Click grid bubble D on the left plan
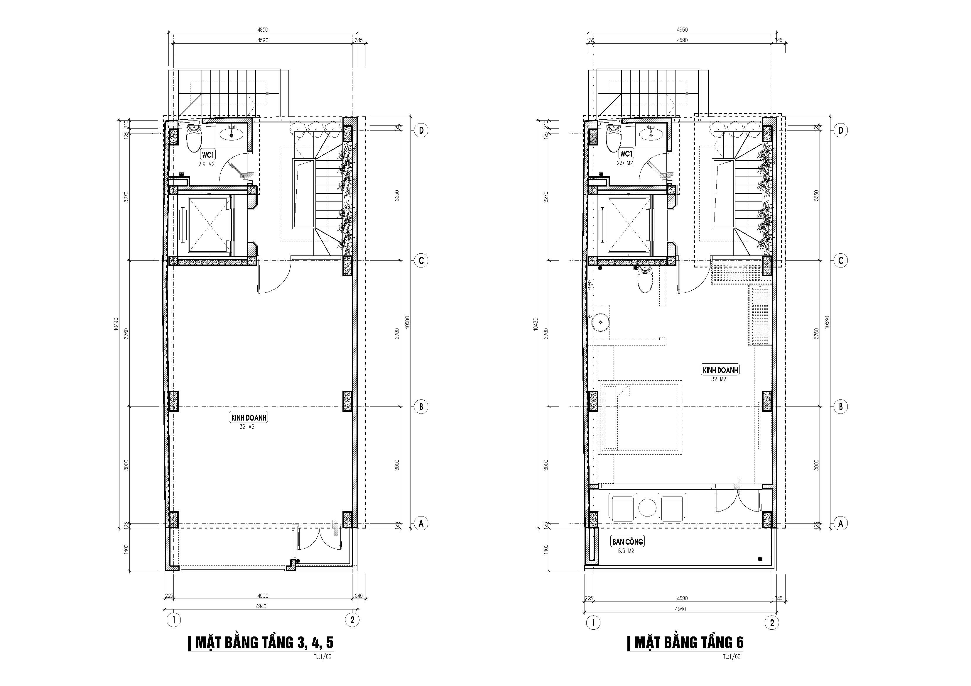point(421,131)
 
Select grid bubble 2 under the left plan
point(352,620)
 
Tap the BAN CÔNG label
point(628,541)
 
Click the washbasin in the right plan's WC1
point(651,133)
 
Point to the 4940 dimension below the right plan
point(680,609)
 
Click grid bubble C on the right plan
point(840,261)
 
